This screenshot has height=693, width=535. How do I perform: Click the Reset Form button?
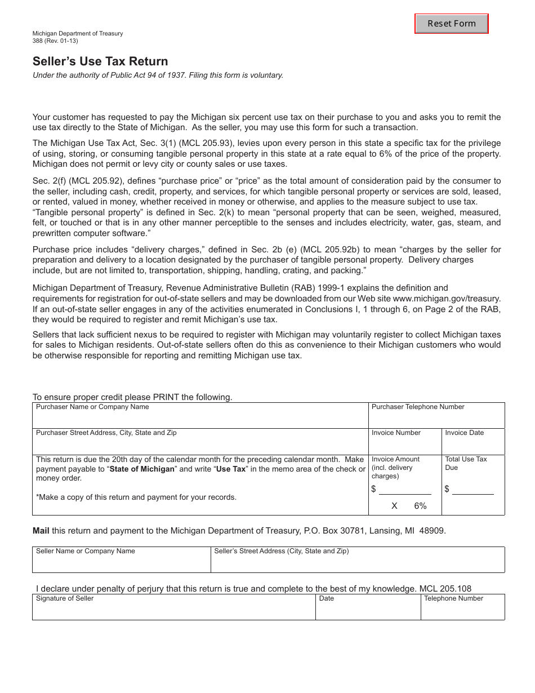(452, 24)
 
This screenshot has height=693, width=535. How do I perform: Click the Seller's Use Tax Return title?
(100, 61)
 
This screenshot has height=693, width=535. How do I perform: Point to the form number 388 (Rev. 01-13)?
(55, 41)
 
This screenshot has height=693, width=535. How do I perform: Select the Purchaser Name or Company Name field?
(200, 419)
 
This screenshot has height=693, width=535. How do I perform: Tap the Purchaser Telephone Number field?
(436, 419)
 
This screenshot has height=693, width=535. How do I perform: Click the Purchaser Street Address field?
(200, 445)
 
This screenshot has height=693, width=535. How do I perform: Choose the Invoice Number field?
(404, 445)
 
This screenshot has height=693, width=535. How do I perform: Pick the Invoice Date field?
(472, 445)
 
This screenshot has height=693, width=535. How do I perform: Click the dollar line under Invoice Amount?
(404, 489)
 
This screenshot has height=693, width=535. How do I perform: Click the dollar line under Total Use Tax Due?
(472, 489)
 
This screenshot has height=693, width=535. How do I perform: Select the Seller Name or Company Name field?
(121, 562)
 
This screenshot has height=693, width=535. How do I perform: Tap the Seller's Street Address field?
(358, 562)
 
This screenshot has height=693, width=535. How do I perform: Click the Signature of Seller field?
(173, 610)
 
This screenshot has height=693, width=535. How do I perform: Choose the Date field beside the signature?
(368, 610)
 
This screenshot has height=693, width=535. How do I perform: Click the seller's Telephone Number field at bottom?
(462, 610)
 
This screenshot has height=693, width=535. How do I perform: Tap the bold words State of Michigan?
(142, 469)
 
